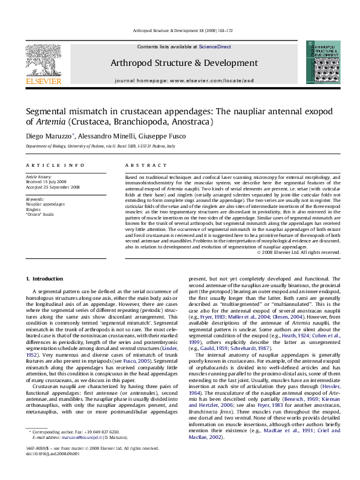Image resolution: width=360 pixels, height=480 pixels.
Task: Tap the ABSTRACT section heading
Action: pyautogui.click(x=137, y=165)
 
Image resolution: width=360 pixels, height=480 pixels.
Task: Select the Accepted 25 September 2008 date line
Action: pyautogui.click(x=53, y=187)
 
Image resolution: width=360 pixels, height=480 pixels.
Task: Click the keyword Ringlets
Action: pyautogui.click(x=34, y=209)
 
